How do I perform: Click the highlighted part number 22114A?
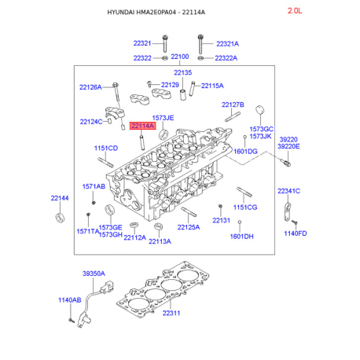142,126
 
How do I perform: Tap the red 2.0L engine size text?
295,11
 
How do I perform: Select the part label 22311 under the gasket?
171,313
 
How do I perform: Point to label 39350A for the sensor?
94,274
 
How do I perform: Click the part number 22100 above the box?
180,57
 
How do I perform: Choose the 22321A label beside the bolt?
227,44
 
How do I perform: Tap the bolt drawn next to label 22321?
165,43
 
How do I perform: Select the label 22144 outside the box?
60,198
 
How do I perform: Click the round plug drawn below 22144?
60,218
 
